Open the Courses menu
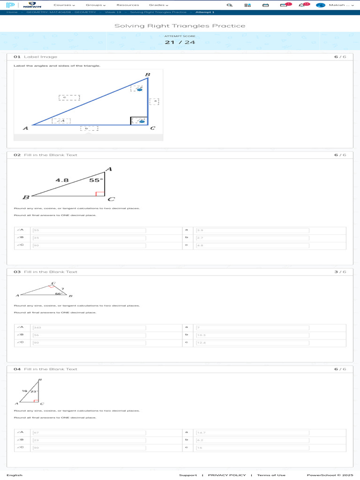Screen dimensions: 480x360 coord(64,5)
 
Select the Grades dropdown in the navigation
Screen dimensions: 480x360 coord(158,5)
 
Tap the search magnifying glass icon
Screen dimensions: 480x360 coord(229,5)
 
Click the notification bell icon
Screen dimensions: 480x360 coord(301,5)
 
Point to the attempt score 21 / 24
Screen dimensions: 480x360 coord(180,42)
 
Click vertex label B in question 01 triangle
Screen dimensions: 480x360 coord(147,75)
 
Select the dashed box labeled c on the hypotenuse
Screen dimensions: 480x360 coord(69,97)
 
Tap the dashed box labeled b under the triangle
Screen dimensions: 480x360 coord(89,128)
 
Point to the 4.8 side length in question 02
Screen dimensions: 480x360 coord(62,180)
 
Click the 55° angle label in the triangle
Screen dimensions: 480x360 coord(96,180)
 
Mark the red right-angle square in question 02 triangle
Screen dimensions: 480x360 coord(99,194)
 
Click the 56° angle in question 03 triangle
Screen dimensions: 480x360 coord(58,294)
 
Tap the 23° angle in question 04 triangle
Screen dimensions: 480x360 coord(34,390)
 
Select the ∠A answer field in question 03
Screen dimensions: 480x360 coord(89,327)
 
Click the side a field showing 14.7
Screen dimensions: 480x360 coord(252,432)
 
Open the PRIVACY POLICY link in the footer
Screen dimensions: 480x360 coord(227,475)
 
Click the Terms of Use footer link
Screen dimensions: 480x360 coord(271,475)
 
